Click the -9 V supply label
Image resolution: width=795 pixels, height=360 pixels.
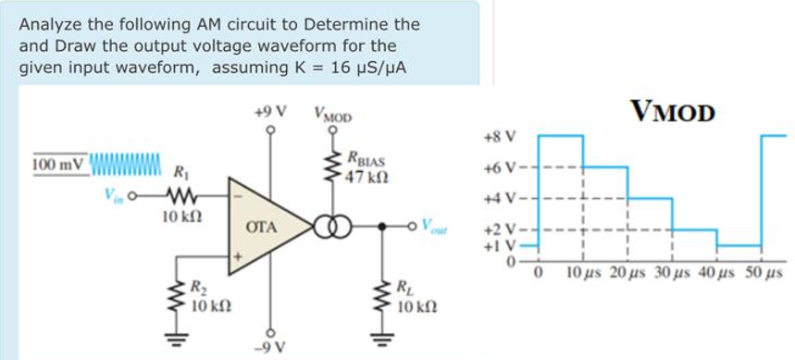271,348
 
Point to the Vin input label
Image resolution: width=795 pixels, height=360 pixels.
114,195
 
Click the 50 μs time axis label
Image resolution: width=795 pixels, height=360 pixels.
764,274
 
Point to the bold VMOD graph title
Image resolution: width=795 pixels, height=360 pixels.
674,111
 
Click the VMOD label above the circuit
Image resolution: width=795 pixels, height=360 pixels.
333,117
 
